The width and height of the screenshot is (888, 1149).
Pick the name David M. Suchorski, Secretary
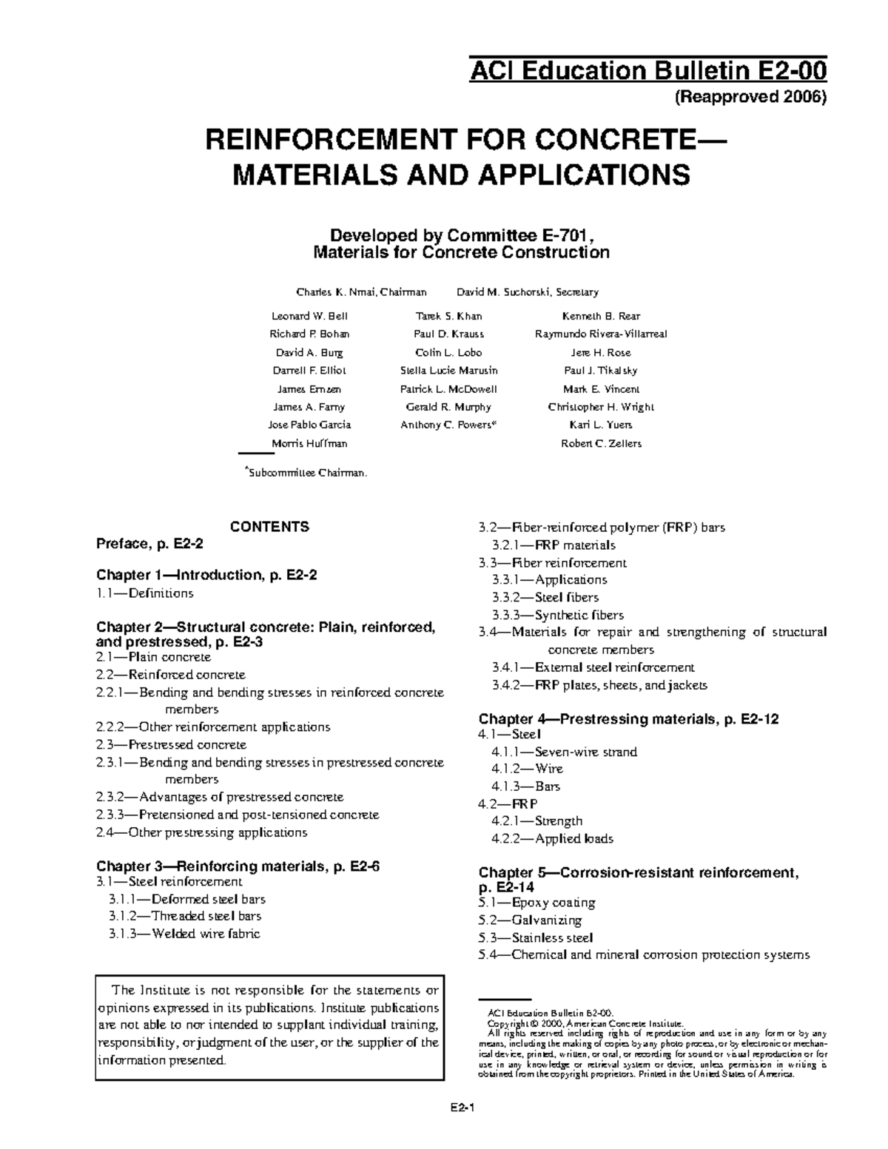528,292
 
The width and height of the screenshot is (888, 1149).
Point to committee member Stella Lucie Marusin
448,371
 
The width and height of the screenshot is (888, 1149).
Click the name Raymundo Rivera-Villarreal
601,334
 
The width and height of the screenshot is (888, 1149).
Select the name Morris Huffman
309,444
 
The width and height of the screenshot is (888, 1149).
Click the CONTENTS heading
269,527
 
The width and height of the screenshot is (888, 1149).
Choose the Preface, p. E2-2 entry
149,544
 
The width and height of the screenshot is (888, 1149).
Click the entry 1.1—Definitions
145,593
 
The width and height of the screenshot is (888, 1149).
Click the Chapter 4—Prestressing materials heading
628,718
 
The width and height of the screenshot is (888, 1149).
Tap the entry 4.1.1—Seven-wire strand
564,752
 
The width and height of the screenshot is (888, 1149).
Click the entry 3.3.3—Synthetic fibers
557,615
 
